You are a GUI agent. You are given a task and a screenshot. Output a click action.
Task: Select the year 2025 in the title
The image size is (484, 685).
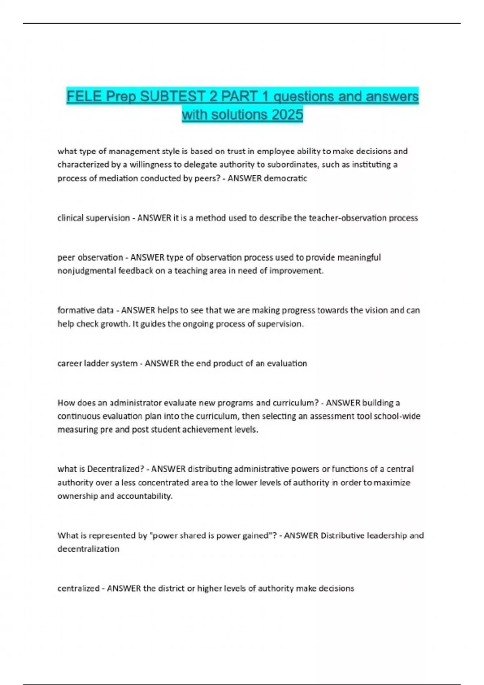click(287, 115)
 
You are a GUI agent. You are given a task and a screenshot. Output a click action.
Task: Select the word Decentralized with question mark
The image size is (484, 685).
click(115, 469)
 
